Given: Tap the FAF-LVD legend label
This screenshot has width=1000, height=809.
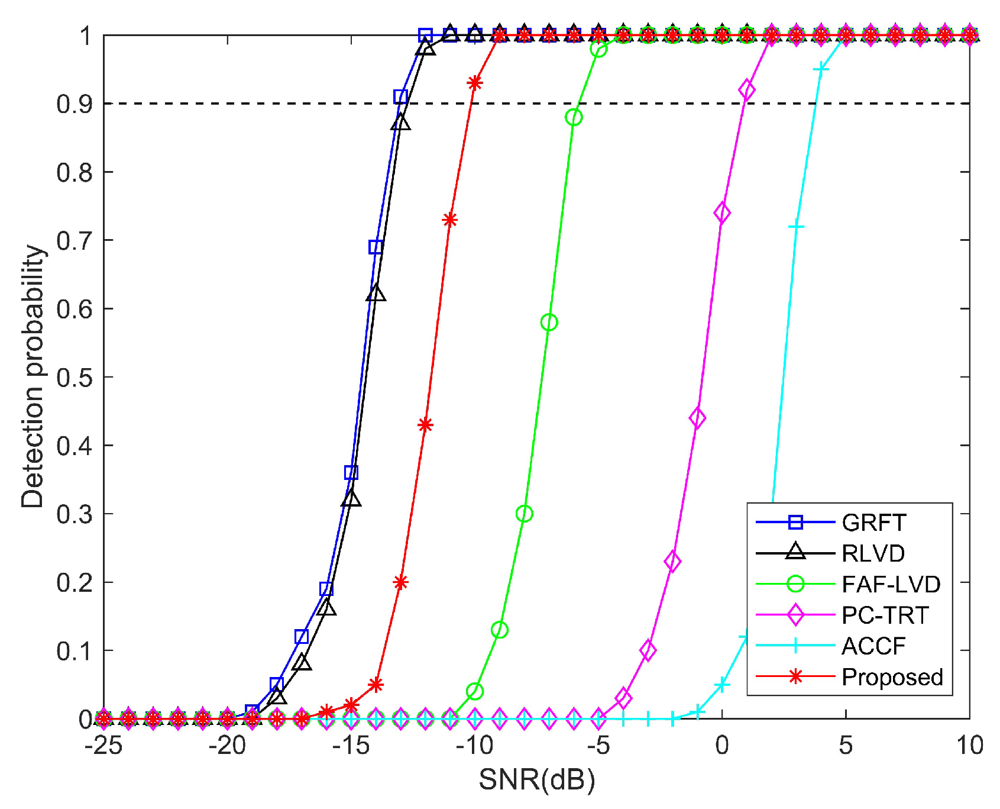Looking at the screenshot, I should click(x=891, y=584).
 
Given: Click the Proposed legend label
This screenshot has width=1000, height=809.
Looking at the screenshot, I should click(x=892, y=677).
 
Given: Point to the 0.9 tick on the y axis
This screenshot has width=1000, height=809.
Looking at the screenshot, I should click(x=75, y=104).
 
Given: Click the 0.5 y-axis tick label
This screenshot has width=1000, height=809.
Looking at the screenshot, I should click(x=75, y=378).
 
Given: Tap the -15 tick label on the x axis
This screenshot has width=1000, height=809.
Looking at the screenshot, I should click(x=351, y=746).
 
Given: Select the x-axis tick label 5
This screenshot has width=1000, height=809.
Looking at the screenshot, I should click(x=846, y=746).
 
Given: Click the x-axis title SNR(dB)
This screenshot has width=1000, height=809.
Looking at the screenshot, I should click(x=536, y=780).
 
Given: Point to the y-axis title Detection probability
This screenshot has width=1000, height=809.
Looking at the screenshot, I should click(x=33, y=376).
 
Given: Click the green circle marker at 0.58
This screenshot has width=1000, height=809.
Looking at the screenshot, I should click(x=549, y=323).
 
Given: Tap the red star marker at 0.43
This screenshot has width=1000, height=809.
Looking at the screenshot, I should click(x=425, y=425).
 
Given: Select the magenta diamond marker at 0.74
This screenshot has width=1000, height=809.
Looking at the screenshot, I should click(x=722, y=213).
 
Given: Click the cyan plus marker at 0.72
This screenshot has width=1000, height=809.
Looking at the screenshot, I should click(x=796, y=227).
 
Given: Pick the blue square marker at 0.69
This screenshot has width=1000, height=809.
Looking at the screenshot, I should click(x=376, y=247).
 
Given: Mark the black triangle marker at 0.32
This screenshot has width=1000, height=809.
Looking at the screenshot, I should click(x=351, y=499).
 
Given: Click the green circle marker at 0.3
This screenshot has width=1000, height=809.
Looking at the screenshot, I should click(x=524, y=514).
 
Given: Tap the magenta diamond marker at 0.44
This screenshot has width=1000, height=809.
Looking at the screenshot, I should click(x=697, y=418).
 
